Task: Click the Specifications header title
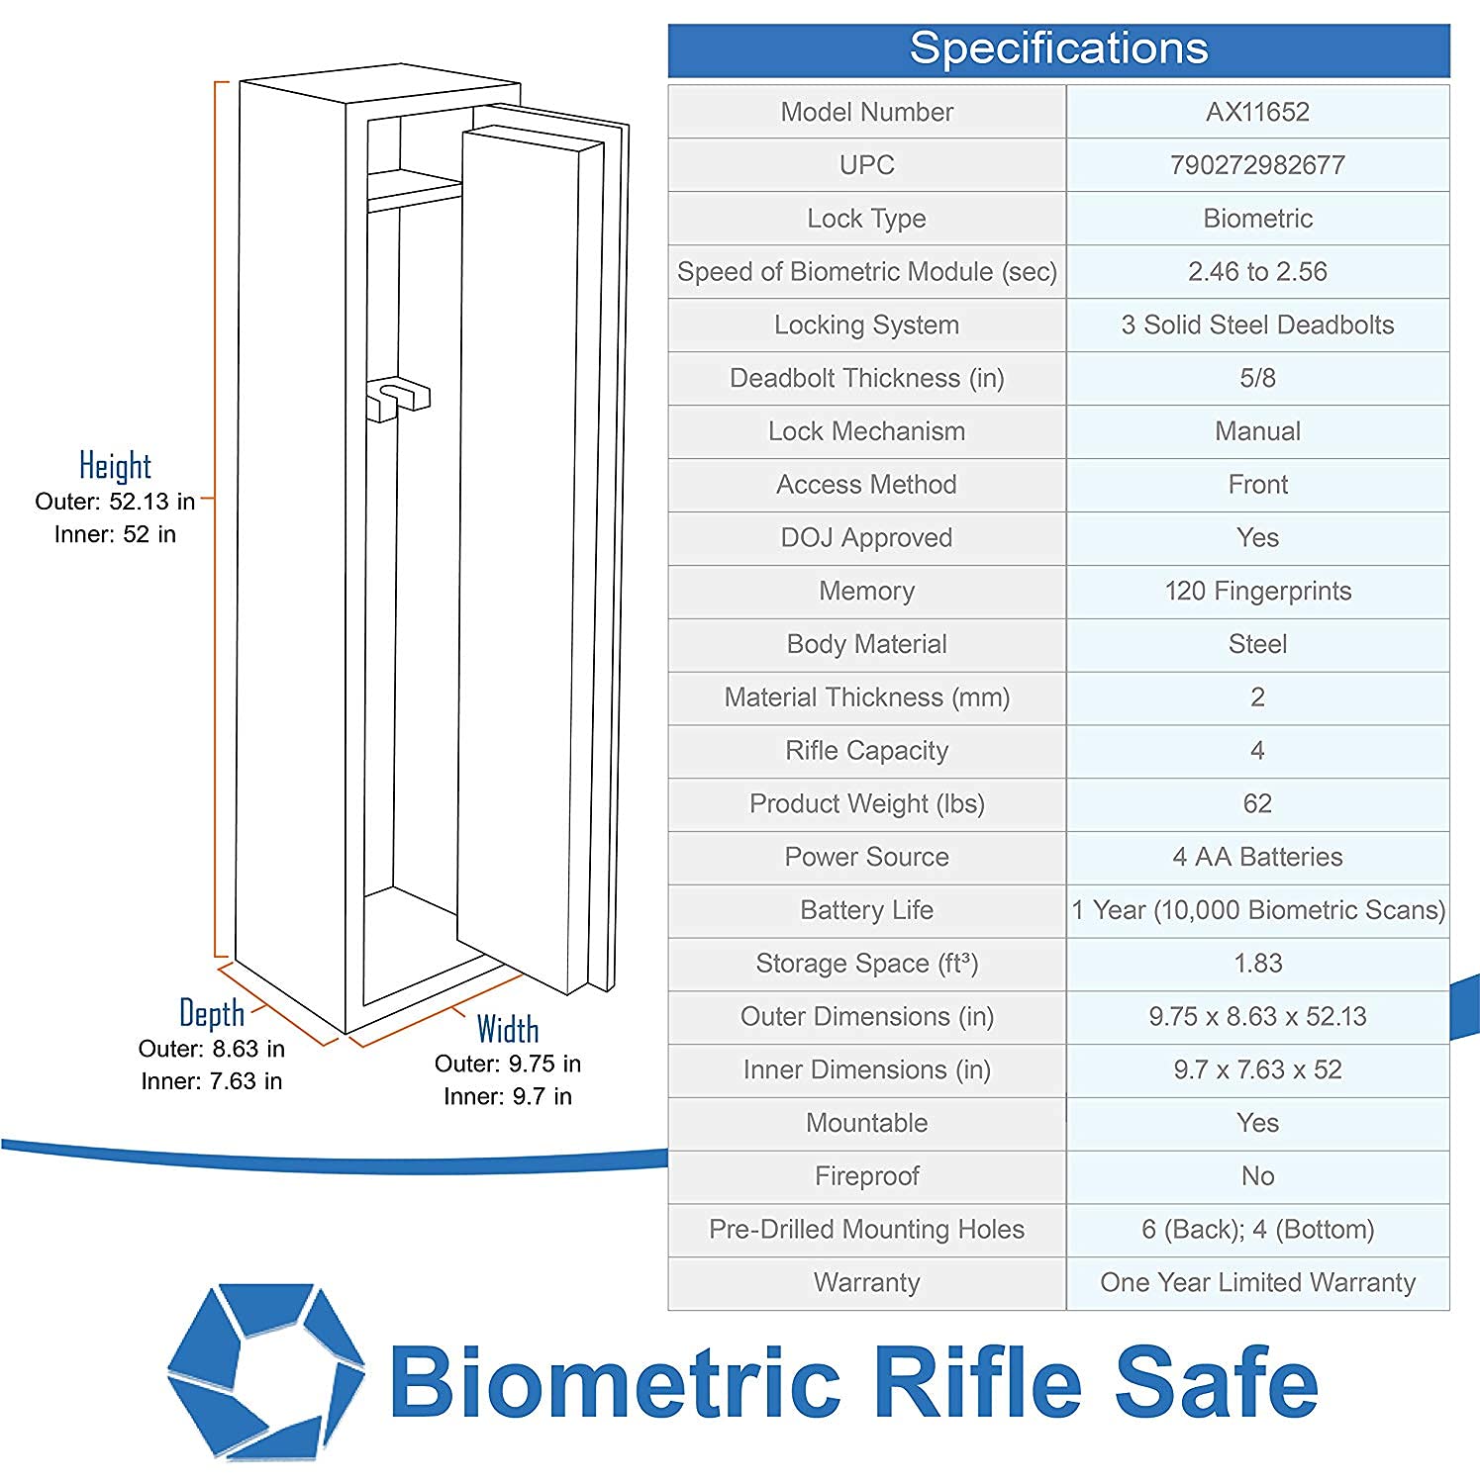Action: [x=1058, y=48]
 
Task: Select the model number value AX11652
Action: [x=1257, y=112]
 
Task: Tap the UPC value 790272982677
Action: [x=1257, y=165]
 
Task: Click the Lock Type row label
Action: [x=866, y=219]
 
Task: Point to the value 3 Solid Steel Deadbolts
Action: [x=1257, y=325]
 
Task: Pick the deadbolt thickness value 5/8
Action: [x=1257, y=378]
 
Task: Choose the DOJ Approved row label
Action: [x=866, y=538]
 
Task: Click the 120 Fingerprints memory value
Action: [x=1257, y=592]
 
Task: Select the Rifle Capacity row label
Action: [x=866, y=751]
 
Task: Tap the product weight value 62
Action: [x=1257, y=804]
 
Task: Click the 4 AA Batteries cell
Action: [x=1257, y=857]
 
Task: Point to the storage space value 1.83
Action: [x=1257, y=964]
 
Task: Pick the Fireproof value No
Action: [x=1257, y=1176]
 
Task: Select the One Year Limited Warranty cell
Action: [x=1257, y=1283]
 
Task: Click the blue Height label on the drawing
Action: [x=115, y=466]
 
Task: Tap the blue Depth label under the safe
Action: [x=212, y=1014]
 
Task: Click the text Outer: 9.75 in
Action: [x=508, y=1065]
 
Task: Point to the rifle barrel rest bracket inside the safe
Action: [x=398, y=398]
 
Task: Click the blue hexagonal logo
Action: [x=265, y=1371]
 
